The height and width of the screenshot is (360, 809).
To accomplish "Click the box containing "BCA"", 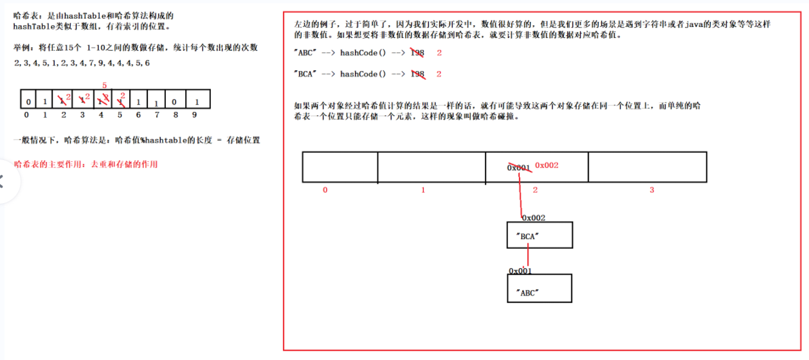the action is point(539,235).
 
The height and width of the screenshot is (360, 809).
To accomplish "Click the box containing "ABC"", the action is point(539,289).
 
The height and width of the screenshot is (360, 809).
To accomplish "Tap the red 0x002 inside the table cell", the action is point(547,165).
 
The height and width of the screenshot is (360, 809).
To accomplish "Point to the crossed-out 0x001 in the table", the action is point(518,167).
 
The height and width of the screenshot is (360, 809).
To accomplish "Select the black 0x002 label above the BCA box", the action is point(534,218).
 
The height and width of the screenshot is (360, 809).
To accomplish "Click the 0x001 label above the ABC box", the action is point(520,271).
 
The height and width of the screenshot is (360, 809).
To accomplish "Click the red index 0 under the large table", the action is point(325,190).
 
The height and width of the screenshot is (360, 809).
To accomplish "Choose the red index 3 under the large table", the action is point(651,190).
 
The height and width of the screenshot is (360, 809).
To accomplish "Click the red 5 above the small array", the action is point(104,85).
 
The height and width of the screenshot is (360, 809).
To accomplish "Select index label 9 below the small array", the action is point(194,115).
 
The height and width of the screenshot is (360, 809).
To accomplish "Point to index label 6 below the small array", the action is point(138,115).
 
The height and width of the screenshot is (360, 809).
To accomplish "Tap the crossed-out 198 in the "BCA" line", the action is point(417,74).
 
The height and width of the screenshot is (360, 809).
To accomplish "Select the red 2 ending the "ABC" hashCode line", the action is point(439,53).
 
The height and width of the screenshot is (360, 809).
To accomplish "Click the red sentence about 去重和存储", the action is point(85,164).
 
